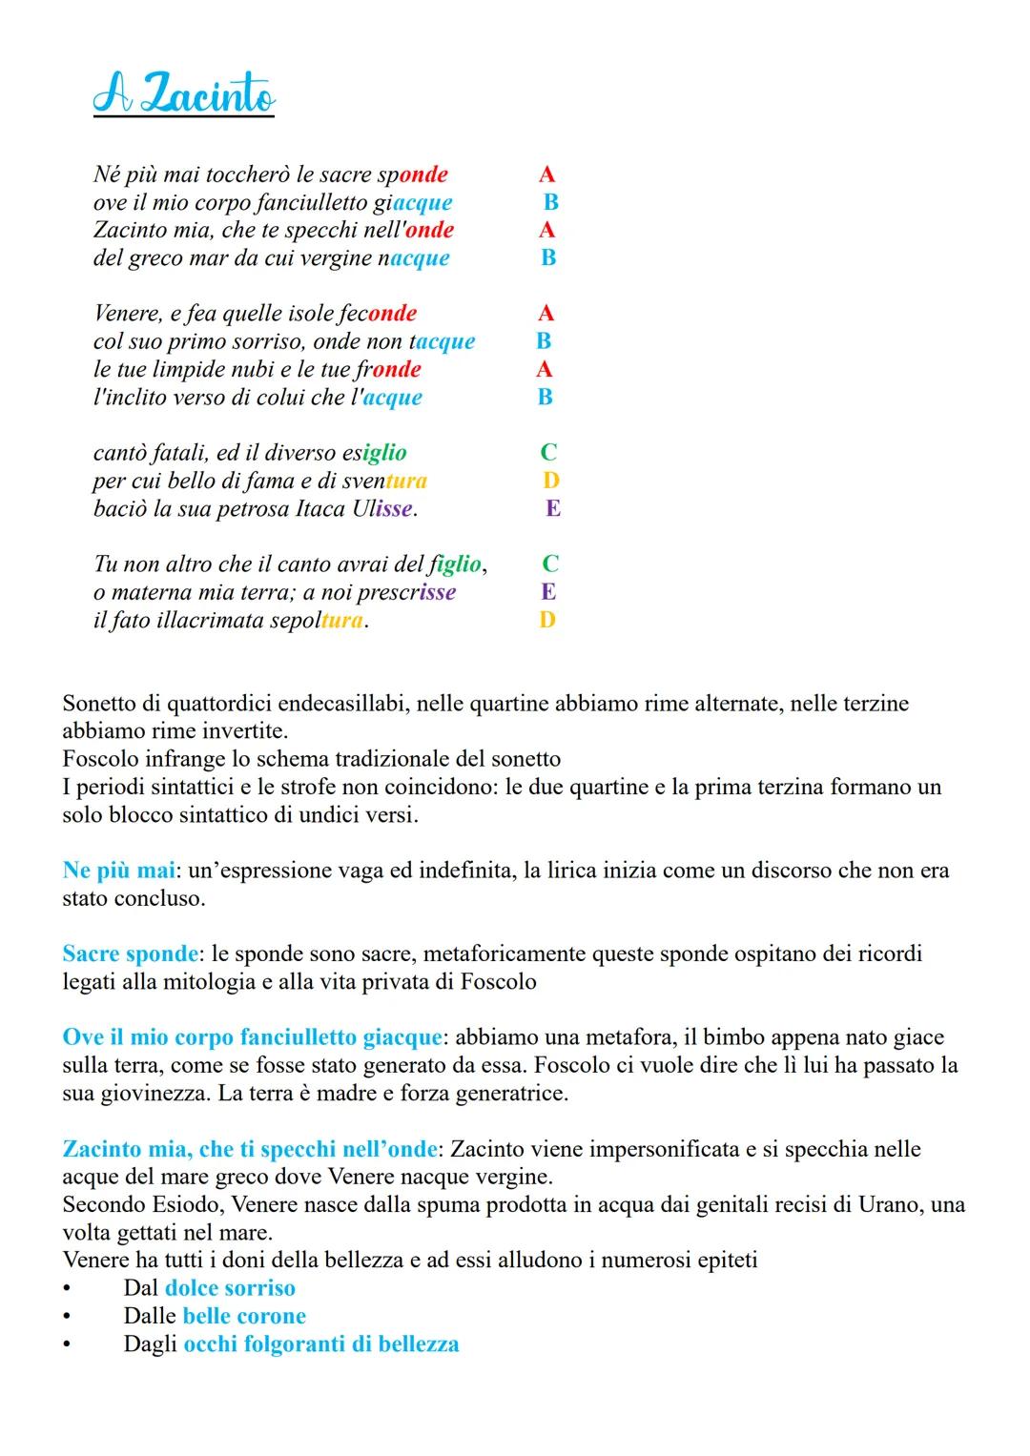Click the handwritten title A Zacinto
pos(184,96)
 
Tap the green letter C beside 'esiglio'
pos(548,453)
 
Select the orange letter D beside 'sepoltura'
pos(546,621)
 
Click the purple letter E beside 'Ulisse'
pos(552,508)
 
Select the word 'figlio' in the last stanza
pos(455,564)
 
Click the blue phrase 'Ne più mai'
pos(119,871)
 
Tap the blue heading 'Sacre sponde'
pos(131,954)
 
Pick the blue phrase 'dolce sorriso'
pos(230,1288)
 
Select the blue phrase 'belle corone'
pos(244,1316)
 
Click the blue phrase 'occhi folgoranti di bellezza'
pos(321,1344)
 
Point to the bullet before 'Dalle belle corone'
pos(67,1317)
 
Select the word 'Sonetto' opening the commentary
pos(100,704)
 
